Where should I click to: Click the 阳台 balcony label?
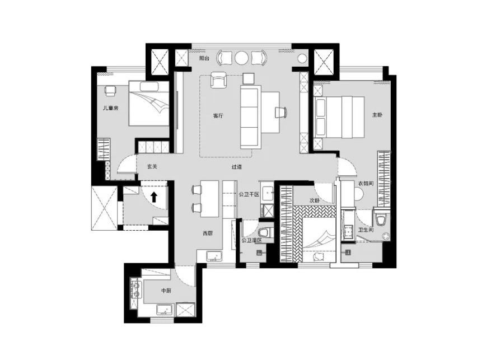point(204,58)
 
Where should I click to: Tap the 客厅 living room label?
point(218,116)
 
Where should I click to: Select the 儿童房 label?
point(110,107)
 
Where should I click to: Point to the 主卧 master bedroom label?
point(377,115)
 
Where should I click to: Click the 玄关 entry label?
point(152,166)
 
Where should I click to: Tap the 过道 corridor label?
point(236,167)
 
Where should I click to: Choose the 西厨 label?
point(208,233)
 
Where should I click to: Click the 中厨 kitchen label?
point(166,291)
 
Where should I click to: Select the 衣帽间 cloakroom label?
point(366,184)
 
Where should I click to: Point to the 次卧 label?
point(315,200)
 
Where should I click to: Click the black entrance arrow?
point(154,197)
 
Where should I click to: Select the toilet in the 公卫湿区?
point(264,232)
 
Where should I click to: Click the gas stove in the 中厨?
point(136,290)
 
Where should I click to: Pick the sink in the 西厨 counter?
point(215,256)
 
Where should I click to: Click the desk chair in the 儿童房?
point(110,90)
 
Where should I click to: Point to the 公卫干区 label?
point(249,194)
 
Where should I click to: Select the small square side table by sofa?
point(248,78)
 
